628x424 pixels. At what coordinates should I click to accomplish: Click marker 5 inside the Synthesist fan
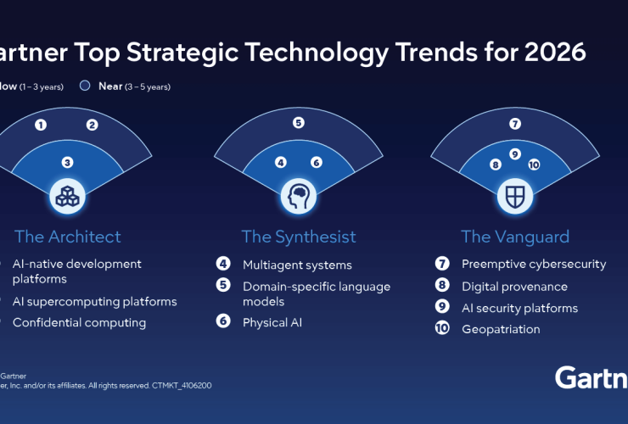(299, 123)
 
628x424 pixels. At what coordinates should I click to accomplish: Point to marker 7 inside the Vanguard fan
(515, 124)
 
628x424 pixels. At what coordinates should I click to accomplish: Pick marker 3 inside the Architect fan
(67, 162)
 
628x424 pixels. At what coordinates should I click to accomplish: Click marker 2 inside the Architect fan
(93, 126)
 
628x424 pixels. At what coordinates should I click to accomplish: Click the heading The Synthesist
(299, 237)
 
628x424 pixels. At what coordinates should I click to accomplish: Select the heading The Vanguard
(515, 237)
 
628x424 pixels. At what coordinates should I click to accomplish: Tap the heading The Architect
(67, 237)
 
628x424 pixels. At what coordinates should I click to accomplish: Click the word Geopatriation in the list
(501, 329)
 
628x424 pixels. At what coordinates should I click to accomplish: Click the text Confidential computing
(79, 322)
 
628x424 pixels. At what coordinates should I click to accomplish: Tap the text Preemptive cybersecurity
(534, 265)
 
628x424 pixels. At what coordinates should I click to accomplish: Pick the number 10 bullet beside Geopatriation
(442, 329)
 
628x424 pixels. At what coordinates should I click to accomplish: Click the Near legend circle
(84, 86)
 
